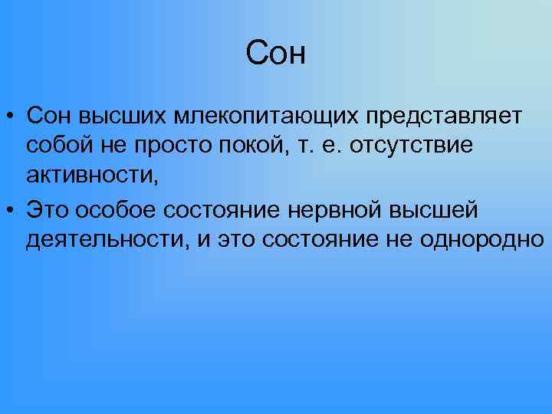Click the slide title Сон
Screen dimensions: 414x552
[x=276, y=54]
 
